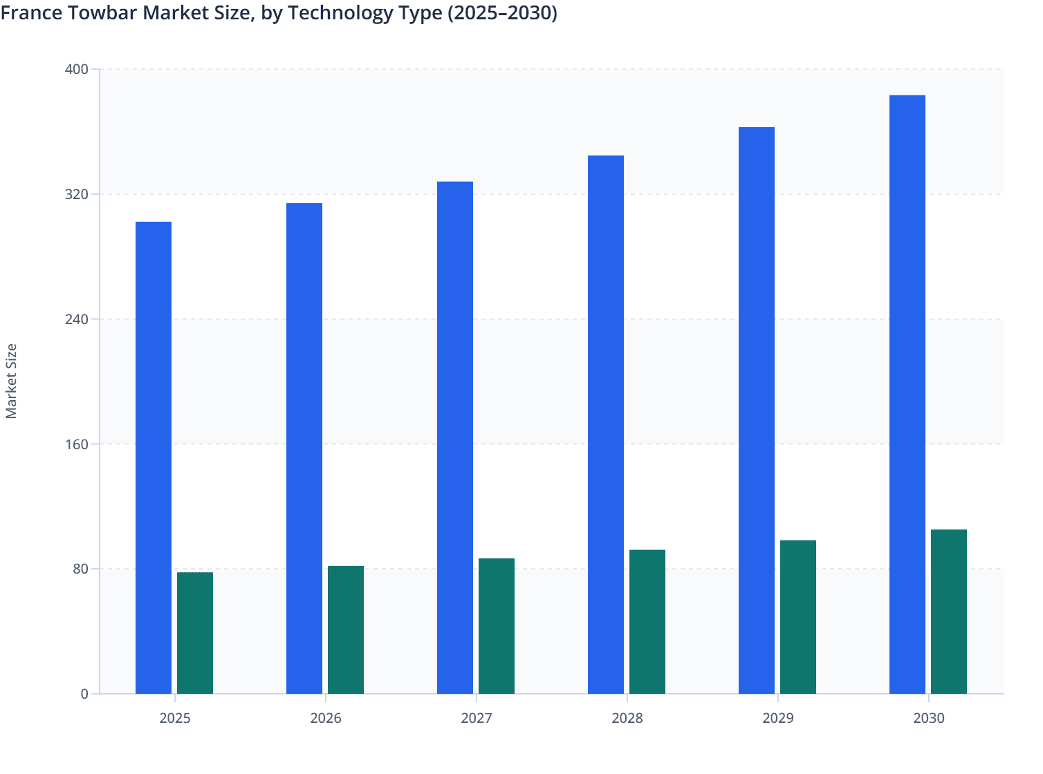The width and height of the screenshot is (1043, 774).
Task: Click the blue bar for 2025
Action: pyautogui.click(x=154, y=457)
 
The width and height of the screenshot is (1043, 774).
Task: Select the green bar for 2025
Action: pyautogui.click(x=195, y=632)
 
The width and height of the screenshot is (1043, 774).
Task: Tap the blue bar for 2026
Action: pyautogui.click(x=304, y=448)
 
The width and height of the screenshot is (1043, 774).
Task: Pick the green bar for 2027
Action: pyautogui.click(x=497, y=625)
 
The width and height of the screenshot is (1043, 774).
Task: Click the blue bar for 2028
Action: pyautogui.click(x=606, y=424)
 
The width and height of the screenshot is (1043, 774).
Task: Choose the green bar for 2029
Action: pyautogui.click(x=798, y=616)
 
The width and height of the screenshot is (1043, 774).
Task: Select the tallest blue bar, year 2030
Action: pyautogui.click(x=907, y=394)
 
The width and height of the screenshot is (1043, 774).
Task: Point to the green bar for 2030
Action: pyautogui.click(x=949, y=611)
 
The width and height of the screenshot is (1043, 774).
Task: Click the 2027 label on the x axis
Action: pyautogui.click(x=477, y=718)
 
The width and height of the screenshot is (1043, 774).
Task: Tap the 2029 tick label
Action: pyautogui.click(x=778, y=718)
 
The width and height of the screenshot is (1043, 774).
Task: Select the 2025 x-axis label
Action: pyautogui.click(x=175, y=718)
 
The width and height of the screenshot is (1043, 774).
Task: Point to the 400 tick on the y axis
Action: pyautogui.click(x=76, y=69)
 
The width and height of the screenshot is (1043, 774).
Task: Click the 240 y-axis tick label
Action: pyautogui.click(x=76, y=319)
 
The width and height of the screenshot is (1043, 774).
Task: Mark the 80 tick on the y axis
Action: pyautogui.click(x=80, y=569)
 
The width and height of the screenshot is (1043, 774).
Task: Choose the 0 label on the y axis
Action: pyautogui.click(x=84, y=694)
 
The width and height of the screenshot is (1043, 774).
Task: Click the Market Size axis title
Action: pyautogui.click(x=11, y=381)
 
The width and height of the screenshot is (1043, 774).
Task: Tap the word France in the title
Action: pyautogui.click(x=30, y=12)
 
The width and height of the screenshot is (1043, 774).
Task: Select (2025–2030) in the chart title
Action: pyautogui.click(x=502, y=12)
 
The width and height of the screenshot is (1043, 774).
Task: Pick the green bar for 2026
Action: pyautogui.click(x=346, y=630)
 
